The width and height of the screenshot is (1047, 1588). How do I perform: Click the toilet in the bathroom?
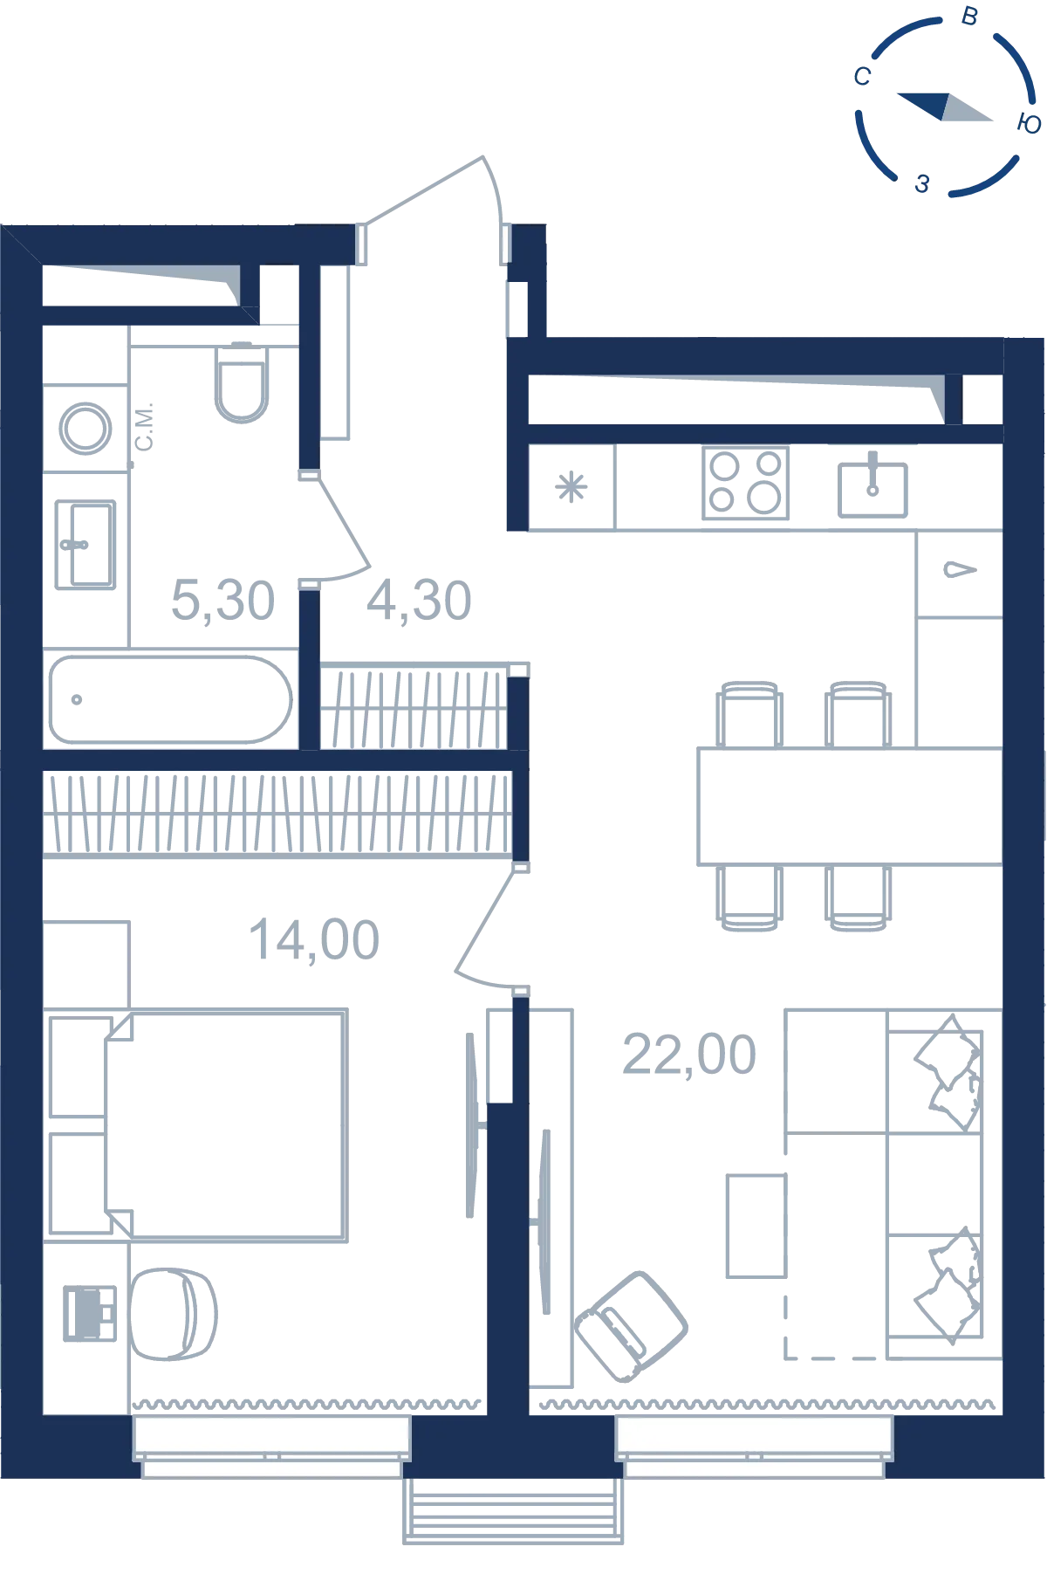point(242,382)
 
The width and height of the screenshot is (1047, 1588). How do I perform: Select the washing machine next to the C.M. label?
point(86,429)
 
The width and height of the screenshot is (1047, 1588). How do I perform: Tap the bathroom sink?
point(85,545)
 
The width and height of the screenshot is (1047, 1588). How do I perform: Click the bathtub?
point(170,699)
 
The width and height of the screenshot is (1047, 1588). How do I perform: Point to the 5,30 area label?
point(223,601)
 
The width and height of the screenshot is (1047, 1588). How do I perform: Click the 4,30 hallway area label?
point(420,601)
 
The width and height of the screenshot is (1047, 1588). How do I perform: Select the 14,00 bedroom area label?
point(314,940)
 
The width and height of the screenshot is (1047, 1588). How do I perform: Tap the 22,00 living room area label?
point(689,1054)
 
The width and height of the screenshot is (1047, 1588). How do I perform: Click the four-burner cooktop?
point(746,483)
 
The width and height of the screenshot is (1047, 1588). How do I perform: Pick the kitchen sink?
point(872,487)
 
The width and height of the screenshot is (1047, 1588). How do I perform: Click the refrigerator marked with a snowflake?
point(571,487)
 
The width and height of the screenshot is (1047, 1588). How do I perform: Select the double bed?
point(226,1126)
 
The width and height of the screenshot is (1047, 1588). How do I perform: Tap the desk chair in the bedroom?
point(173,1313)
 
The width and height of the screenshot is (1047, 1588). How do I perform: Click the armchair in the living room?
point(632,1325)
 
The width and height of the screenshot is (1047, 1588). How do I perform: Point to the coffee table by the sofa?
point(756,1226)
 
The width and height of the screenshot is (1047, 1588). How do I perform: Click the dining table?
point(850,806)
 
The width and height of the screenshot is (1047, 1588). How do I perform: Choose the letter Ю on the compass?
point(1030,123)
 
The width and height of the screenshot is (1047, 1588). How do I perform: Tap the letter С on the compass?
point(862,77)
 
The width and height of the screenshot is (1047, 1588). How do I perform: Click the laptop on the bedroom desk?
point(90,1312)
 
